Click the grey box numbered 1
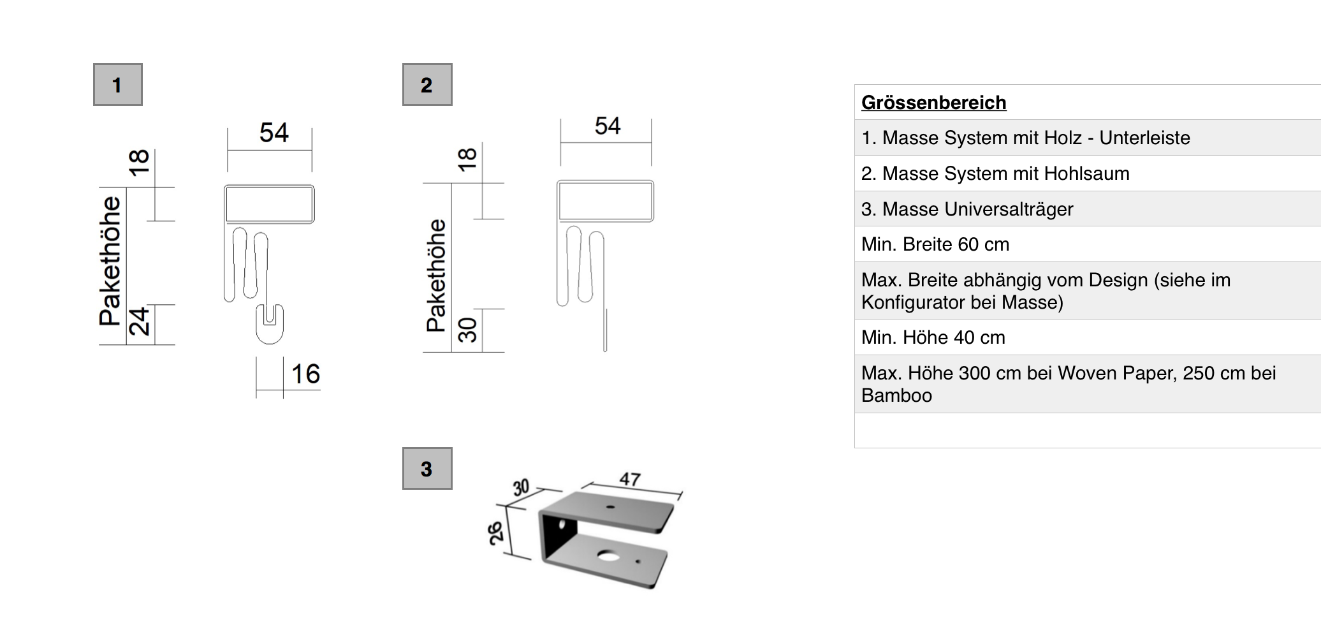(x=117, y=84)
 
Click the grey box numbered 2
(x=427, y=84)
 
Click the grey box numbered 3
(x=427, y=469)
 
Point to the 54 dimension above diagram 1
(x=274, y=133)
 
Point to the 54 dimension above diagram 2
(x=607, y=126)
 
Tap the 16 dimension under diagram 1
(x=305, y=374)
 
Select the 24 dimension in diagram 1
(x=140, y=321)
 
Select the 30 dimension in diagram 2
(x=467, y=330)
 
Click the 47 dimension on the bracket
(x=630, y=478)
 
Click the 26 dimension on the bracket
(x=496, y=533)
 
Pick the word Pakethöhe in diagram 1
(x=110, y=261)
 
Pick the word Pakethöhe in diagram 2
(x=436, y=276)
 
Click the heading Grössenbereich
(x=933, y=103)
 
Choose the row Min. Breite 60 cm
(x=935, y=244)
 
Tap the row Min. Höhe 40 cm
(x=933, y=337)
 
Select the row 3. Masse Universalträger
(x=967, y=209)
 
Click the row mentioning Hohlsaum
(x=995, y=173)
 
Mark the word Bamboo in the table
(x=896, y=395)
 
